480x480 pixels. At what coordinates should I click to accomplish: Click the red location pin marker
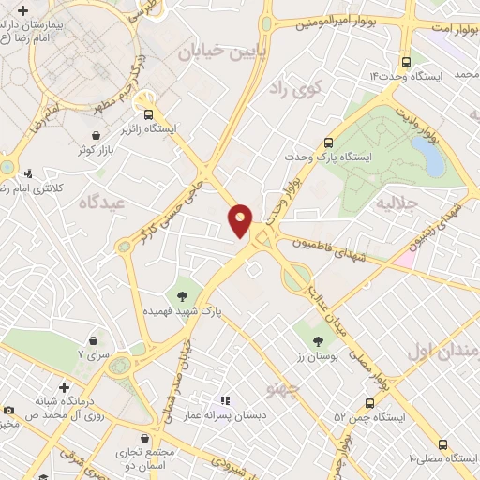241,219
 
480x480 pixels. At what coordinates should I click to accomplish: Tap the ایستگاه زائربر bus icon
146,108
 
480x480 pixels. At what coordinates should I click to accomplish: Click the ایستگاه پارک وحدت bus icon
328,143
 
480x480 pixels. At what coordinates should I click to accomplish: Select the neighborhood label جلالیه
395,202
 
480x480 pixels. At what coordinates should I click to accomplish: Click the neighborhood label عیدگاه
101,202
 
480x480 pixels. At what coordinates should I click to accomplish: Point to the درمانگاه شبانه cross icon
64,387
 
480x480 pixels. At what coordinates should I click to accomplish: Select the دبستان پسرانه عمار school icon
224,398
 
